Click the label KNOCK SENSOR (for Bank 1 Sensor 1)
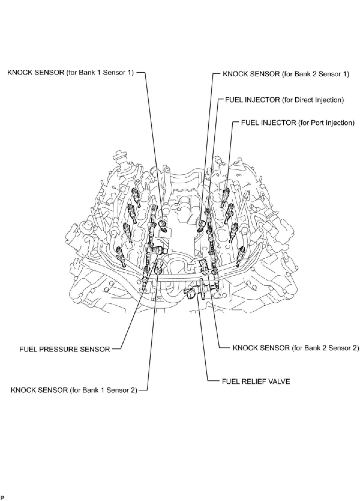tap(70, 73)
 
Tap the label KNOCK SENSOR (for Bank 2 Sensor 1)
tap(286, 74)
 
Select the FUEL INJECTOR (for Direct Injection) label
tap(284, 100)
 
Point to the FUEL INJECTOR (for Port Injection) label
tap(298, 123)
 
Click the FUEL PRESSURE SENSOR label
tap(65, 349)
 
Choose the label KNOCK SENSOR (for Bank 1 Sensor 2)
tap(74, 390)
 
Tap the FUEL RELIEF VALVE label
tap(256, 382)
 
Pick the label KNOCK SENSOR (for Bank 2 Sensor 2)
tap(296, 348)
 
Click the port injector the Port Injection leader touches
tap(225, 195)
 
